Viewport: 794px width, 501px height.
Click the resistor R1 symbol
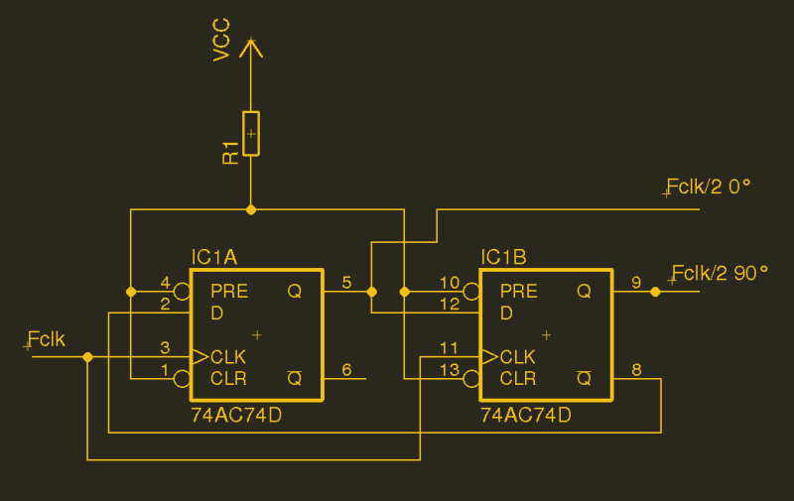coord(251,133)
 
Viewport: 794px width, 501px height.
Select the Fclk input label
coord(47,339)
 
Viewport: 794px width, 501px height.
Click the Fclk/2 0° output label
coord(709,187)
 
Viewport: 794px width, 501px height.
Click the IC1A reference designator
coord(213,258)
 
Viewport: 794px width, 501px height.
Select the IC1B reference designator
coord(503,258)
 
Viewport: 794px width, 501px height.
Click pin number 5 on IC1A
coord(345,283)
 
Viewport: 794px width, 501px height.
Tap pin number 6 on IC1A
coord(345,370)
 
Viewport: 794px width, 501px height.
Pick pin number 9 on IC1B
coord(635,283)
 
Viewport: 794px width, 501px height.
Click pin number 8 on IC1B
coord(636,370)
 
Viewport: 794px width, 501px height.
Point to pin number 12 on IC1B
coord(450,305)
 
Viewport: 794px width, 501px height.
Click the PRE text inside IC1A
coord(229,292)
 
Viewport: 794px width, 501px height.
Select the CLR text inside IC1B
coord(518,378)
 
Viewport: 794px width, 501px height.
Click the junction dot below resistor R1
coord(251,209)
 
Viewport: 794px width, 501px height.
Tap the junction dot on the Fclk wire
coord(87,356)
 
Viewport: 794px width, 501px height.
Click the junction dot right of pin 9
coord(654,292)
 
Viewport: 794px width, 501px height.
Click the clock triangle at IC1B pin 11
coord(488,356)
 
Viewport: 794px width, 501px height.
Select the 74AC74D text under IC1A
coord(236,416)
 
